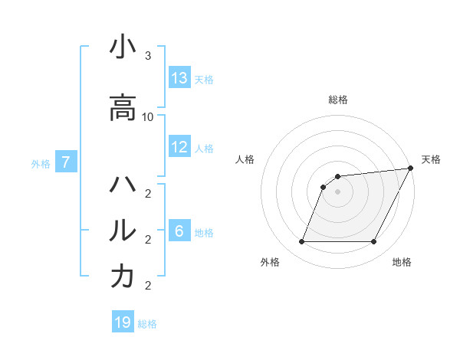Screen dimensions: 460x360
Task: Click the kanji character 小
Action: [123, 47]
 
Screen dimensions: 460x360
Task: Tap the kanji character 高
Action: [123, 108]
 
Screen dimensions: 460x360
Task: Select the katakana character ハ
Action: [123, 185]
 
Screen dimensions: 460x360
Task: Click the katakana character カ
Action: [123, 277]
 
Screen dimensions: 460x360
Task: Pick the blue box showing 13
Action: [179, 77]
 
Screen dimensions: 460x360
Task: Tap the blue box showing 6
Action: [179, 231]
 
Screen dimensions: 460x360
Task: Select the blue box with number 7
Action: [66, 162]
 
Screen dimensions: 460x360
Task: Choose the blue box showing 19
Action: [123, 322]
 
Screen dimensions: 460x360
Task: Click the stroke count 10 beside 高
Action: [148, 116]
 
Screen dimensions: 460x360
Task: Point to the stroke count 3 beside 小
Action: [148, 56]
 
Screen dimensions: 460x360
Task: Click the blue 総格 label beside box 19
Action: [147, 323]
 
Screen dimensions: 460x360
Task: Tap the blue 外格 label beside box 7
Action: [41, 162]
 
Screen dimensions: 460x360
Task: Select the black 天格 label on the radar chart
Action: [431, 159]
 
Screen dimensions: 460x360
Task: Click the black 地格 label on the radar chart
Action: [402, 262]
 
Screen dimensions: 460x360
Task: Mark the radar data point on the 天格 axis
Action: [410, 169]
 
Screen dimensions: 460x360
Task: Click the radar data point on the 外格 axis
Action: [301, 242]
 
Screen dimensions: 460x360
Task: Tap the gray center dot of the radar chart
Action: [337, 192]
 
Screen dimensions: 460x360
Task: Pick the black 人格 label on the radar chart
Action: [245, 159]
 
